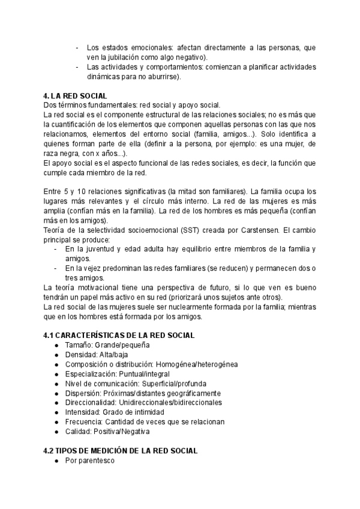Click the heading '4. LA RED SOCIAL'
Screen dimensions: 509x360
75,96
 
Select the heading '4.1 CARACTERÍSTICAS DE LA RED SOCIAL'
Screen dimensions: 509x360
119,336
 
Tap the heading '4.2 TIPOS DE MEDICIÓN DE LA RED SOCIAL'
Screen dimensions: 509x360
121,451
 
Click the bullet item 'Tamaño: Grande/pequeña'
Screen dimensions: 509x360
107,345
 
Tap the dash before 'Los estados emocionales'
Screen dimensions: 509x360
77,47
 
